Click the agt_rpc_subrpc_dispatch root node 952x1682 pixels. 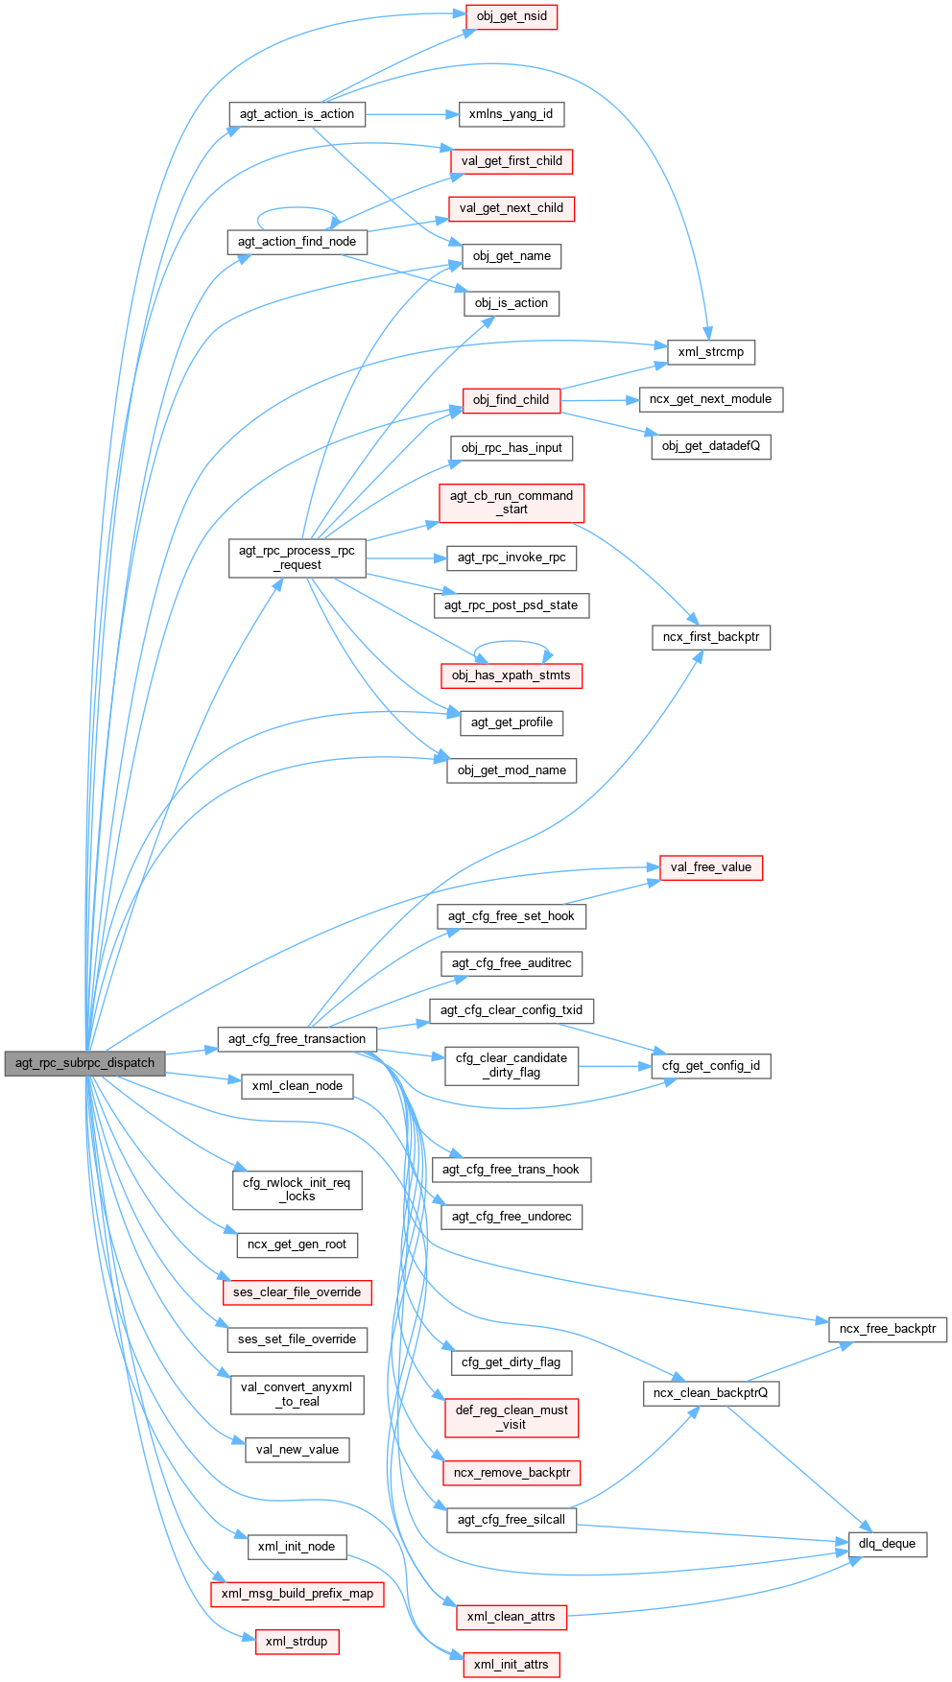pos(84,1063)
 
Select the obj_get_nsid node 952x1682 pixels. pos(512,16)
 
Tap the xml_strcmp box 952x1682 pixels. pos(710,352)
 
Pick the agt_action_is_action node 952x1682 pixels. pos(297,114)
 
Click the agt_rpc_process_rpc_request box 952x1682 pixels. pos(297,557)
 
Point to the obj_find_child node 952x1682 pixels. pos(511,400)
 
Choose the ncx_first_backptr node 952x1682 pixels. pos(710,637)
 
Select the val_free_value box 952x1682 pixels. pos(710,867)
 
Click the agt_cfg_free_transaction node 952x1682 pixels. pos(297,1039)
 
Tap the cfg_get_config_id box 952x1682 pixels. pos(710,1066)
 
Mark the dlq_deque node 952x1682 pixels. pos(887,1544)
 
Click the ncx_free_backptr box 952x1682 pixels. pos(887,1329)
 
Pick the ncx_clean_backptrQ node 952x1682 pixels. pos(710,1393)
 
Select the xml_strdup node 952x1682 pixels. pos(297,1642)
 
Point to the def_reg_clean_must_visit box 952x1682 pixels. pos(512,1417)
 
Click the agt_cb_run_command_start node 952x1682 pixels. pos(512,503)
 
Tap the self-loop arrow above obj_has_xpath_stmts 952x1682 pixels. pos(512,643)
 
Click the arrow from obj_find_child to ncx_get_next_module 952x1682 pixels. pos(600,400)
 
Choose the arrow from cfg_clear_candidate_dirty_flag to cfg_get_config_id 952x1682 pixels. pos(614,1066)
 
